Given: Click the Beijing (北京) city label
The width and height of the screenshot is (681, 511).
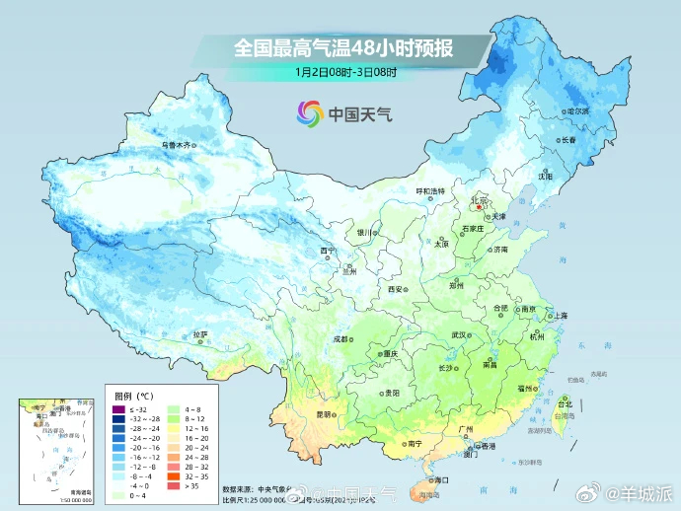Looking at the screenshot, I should pyautogui.click(x=481, y=199).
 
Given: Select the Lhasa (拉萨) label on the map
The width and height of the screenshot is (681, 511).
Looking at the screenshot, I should pyautogui.click(x=201, y=334).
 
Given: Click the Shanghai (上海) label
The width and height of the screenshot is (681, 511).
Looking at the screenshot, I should pyautogui.click(x=560, y=315).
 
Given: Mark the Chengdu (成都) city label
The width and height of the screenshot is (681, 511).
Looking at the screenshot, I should pyautogui.click(x=340, y=338).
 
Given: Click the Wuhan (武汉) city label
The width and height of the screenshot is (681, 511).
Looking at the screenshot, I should pyautogui.click(x=458, y=335).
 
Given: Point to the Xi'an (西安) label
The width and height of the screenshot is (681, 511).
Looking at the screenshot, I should pyautogui.click(x=396, y=290).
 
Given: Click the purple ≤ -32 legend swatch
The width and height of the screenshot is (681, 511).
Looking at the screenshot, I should pyautogui.click(x=119, y=408).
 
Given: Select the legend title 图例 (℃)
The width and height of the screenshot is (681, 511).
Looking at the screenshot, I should pyautogui.click(x=131, y=394).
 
